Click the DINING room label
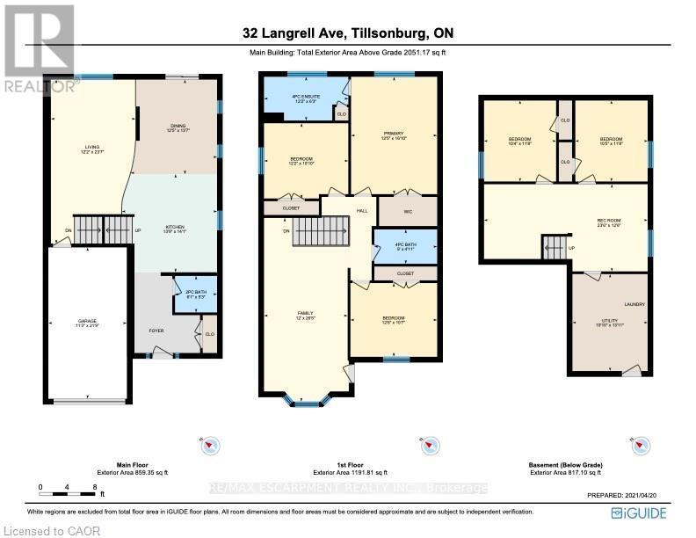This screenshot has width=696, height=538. coord(179,127)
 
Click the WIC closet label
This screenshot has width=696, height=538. coord(409,212)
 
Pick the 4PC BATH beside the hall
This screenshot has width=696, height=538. coord(404,246)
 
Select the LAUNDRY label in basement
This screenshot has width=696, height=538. coord(634,305)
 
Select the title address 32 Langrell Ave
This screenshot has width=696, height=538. coord(349,33)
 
